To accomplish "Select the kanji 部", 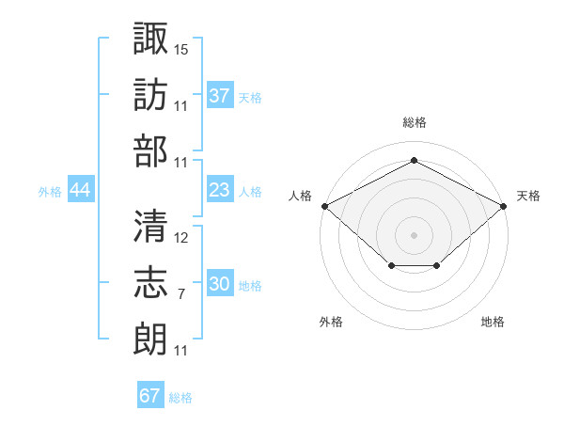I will [151, 150].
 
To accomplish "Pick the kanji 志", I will [151, 282].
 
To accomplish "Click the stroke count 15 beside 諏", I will [181, 48].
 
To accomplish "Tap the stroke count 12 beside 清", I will [181, 237].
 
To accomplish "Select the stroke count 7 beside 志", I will [181, 294].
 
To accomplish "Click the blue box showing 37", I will [220, 96].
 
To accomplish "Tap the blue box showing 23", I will [220, 191].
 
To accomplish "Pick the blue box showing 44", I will [80, 191].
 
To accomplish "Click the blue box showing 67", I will [150, 396].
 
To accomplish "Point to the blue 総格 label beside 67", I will [180, 398].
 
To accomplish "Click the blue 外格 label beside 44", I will [50, 192].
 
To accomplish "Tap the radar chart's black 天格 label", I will [528, 196].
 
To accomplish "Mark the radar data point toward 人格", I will [324, 206].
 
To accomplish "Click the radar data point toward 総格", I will [414, 161].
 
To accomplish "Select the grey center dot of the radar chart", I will [414, 234].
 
